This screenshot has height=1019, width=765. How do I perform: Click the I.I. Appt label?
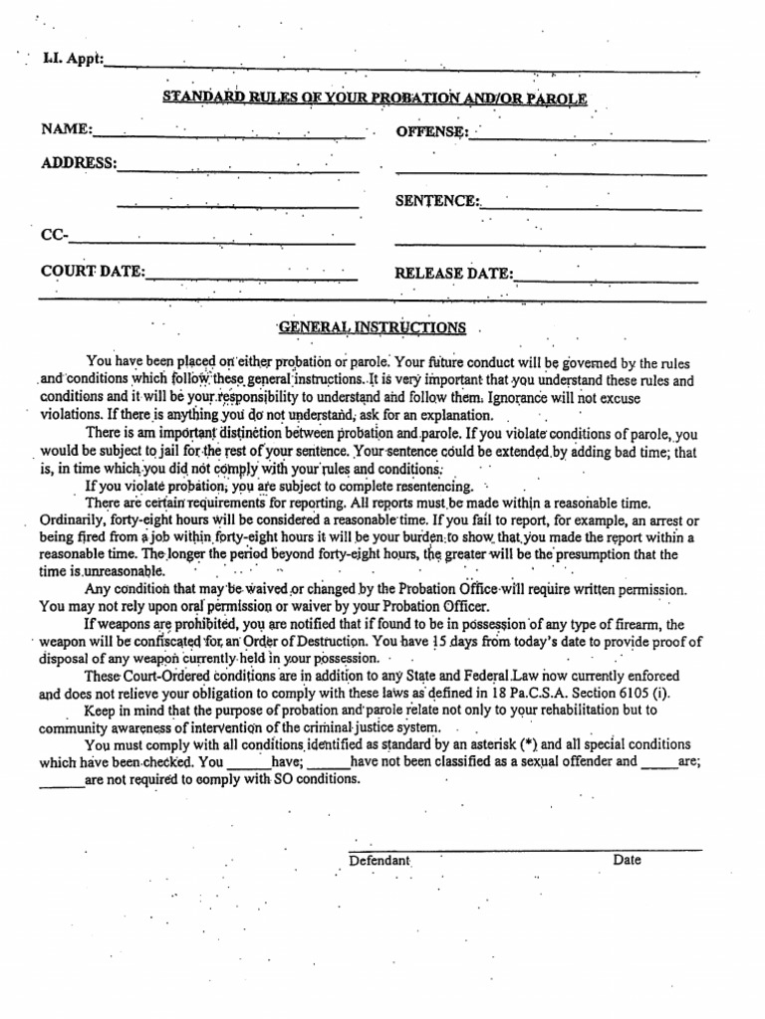(73, 60)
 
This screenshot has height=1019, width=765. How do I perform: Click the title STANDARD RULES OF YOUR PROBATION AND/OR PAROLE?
(375, 98)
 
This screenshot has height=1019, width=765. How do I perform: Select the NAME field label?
(67, 130)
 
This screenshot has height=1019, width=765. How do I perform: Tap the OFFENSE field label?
(431, 131)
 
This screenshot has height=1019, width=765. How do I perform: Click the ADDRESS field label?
(78, 163)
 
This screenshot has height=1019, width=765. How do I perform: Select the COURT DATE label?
(93, 272)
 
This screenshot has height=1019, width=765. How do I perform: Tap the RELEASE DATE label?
(454, 273)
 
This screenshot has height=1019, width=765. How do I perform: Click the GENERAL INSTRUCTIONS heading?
(372, 327)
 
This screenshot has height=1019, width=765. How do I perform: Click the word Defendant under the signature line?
(380, 860)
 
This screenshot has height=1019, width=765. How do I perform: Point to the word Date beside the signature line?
(628, 860)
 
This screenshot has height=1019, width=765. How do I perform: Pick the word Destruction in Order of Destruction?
(323, 642)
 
